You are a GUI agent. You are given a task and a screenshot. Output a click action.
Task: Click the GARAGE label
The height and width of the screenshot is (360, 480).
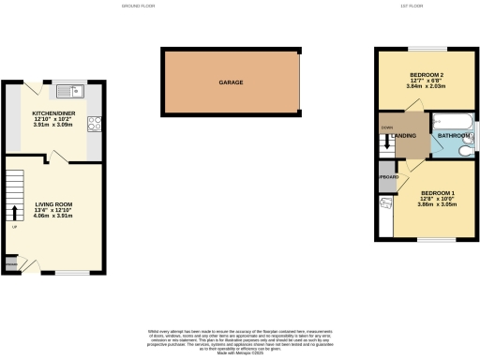pos(232,82)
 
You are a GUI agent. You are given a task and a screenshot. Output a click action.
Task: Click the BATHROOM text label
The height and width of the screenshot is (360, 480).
pos(455,136)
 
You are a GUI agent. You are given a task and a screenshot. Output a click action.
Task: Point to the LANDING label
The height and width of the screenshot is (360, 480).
pos(406,136)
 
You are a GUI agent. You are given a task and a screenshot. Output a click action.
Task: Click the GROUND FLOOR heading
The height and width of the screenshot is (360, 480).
pos(137,7)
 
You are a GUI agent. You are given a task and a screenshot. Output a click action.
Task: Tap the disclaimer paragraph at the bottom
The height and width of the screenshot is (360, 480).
pos(240,340)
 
